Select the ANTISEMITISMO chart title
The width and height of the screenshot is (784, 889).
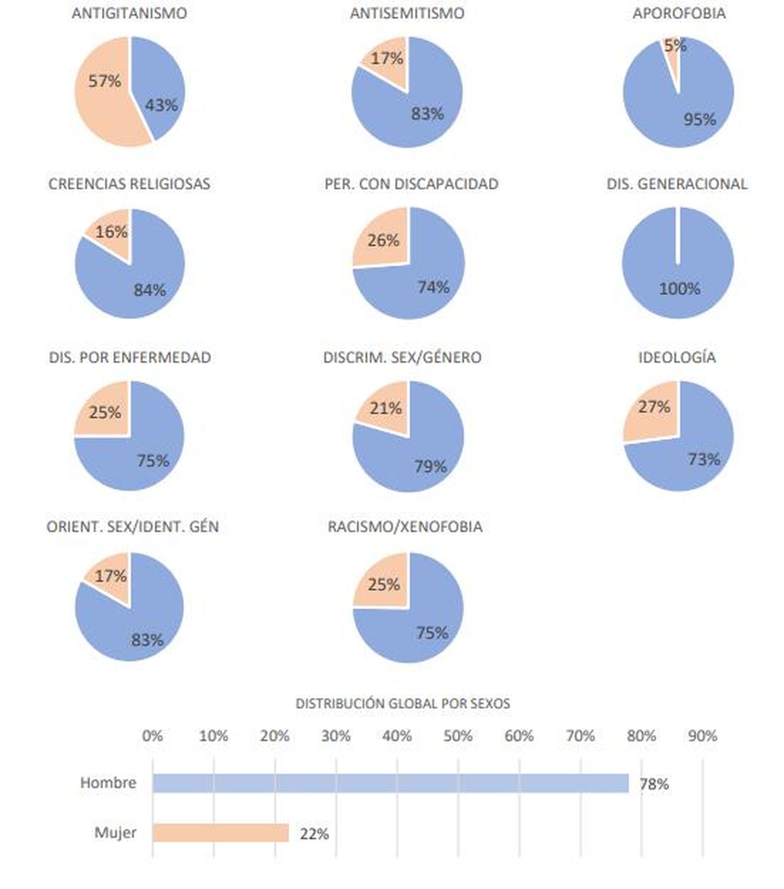pos(407,13)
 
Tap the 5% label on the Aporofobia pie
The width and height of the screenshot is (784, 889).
pos(675,46)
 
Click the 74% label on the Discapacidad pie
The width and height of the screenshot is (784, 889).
pos(433,287)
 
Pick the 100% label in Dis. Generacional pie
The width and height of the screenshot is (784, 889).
pos(679,288)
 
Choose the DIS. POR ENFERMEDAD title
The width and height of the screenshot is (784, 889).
pos(130,357)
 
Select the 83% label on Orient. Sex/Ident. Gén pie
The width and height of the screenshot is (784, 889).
pos(147,640)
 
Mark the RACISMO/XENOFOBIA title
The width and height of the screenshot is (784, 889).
pos(405,527)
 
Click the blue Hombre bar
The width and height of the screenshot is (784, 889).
pos(390,783)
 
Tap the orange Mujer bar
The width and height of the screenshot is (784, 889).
pos(220,833)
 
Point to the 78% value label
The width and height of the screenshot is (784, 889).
pos(654,784)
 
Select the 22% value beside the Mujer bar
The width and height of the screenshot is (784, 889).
pos(314,834)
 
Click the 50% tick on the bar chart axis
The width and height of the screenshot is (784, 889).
pos(458,736)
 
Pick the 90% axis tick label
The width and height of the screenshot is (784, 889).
pos(702,736)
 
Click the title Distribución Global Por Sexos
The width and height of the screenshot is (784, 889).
pos(403,703)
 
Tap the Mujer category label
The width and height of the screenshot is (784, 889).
pos(115,833)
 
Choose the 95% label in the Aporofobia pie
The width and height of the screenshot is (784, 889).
pos(699,119)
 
